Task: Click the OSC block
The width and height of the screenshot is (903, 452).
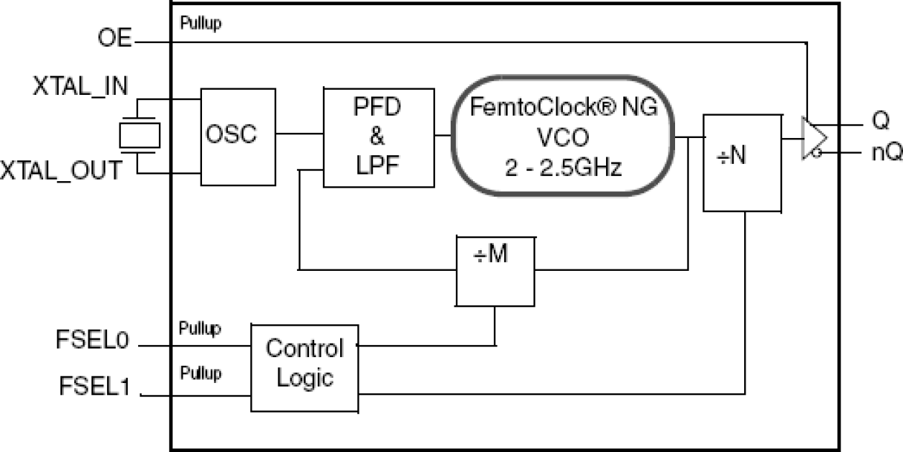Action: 237,136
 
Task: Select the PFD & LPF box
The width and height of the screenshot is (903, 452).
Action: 379,137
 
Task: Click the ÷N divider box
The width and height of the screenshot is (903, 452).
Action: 742,162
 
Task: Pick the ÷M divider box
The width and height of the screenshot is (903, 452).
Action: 495,270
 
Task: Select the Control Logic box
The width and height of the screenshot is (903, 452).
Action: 304,366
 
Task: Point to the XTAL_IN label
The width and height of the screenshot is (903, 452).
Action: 81,88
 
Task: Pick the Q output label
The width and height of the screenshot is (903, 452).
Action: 881,122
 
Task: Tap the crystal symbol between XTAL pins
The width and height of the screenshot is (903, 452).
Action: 139,135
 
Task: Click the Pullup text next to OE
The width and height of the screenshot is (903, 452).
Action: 201,24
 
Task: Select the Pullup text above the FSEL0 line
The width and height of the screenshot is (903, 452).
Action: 201,329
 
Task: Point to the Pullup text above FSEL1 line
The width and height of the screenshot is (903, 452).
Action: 201,373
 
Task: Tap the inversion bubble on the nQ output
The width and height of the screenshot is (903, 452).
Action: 817,153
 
